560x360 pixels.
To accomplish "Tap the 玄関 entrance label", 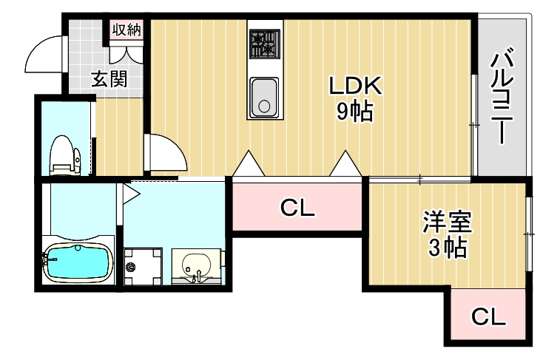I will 109,78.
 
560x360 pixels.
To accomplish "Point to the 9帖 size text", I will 354,112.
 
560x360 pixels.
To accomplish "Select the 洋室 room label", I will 447,223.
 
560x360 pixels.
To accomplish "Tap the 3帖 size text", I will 447,248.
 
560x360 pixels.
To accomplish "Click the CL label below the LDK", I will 297,208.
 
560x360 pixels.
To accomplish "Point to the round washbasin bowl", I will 197,265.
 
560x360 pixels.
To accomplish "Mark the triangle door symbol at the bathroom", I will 130,194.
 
